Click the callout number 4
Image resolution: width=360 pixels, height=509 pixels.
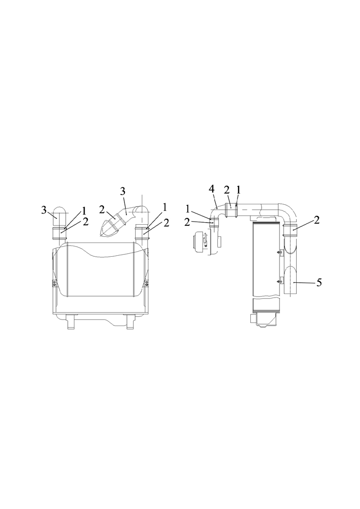[212, 189]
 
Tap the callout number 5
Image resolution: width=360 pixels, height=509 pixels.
[319, 283]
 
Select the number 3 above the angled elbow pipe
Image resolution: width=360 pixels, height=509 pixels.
[122, 191]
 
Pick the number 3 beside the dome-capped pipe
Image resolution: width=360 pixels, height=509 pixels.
[44, 210]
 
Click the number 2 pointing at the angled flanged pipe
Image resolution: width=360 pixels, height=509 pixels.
[102, 210]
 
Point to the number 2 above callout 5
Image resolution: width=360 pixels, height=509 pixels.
[317, 221]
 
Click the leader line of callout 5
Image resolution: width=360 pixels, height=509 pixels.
[304, 283]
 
